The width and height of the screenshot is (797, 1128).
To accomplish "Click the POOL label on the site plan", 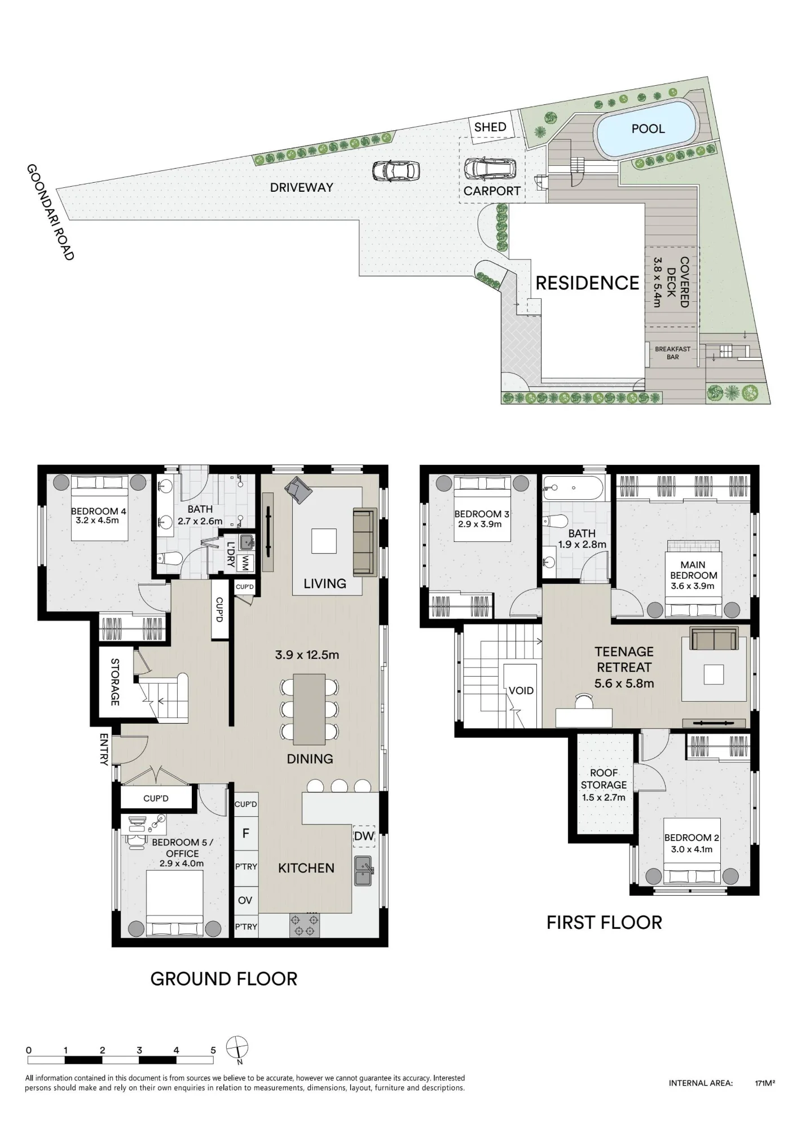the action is pyautogui.click(x=648, y=129).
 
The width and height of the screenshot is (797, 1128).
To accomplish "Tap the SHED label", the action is pyautogui.click(x=490, y=127).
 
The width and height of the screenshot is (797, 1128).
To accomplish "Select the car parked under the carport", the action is pyautogui.click(x=490, y=168).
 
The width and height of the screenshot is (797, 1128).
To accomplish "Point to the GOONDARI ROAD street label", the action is pyautogui.click(x=50, y=212).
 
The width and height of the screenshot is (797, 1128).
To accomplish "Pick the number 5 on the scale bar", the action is pyautogui.click(x=213, y=1050).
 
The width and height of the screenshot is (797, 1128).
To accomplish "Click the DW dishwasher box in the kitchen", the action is pyautogui.click(x=364, y=836).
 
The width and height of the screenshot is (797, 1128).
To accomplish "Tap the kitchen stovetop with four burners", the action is pyautogui.click(x=305, y=924).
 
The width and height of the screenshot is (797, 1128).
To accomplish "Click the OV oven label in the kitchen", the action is pyautogui.click(x=245, y=900).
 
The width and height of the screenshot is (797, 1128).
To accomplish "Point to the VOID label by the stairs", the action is pyautogui.click(x=521, y=690).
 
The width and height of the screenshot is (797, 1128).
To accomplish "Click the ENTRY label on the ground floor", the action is pyautogui.click(x=104, y=749).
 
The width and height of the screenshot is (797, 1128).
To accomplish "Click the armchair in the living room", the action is pyautogui.click(x=298, y=490).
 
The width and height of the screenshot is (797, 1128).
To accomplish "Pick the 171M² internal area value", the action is pyautogui.click(x=765, y=1083).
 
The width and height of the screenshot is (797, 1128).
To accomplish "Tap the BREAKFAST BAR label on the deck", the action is pyautogui.click(x=672, y=353).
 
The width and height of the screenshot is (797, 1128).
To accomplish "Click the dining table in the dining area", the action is pyautogui.click(x=309, y=709).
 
